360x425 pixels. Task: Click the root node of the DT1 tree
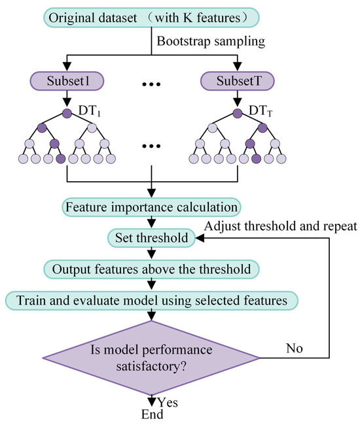(66, 112)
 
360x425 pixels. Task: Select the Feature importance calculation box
(151, 207)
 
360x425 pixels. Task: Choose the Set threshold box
(152, 238)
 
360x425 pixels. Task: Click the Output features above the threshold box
(152, 269)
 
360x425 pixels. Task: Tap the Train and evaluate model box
(152, 299)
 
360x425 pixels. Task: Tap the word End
(151, 415)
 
